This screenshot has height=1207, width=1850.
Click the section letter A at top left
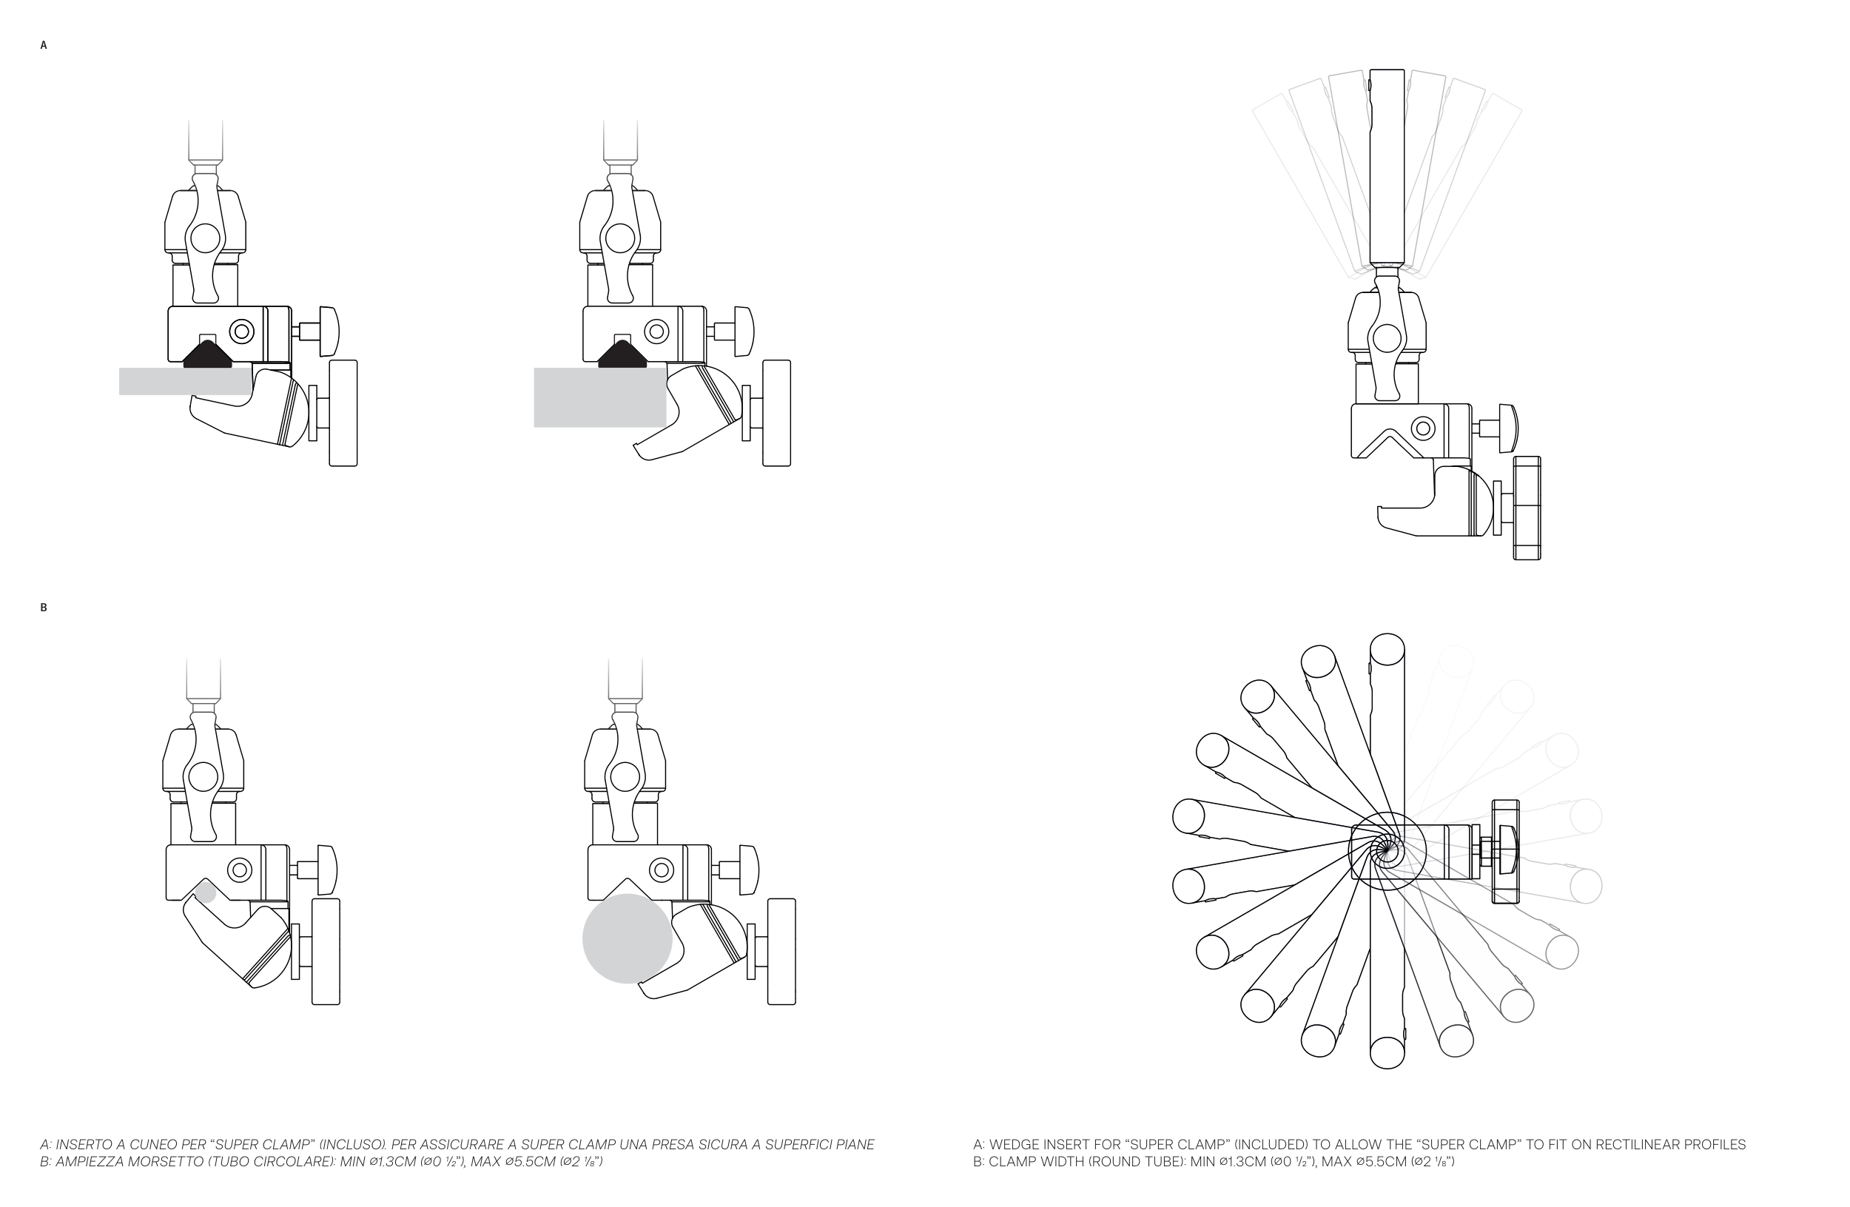44,46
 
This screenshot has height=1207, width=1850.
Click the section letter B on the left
44,608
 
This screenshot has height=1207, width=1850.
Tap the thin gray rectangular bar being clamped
185,381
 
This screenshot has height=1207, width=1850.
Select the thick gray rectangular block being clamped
599,397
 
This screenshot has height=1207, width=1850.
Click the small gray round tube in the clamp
205,892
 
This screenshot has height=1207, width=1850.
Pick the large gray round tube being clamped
628,938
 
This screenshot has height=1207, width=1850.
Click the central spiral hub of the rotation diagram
1386,850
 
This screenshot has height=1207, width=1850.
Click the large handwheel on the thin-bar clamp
343,413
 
